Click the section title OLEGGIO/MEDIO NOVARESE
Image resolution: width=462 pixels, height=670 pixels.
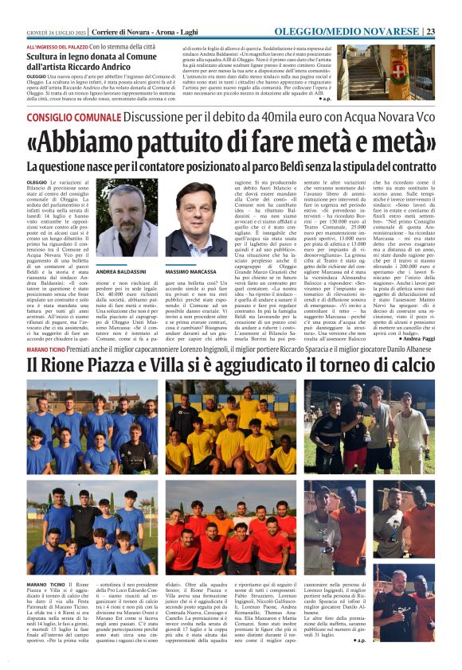click(x=370, y=31)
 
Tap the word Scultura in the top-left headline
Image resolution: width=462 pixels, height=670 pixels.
click(x=45, y=58)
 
